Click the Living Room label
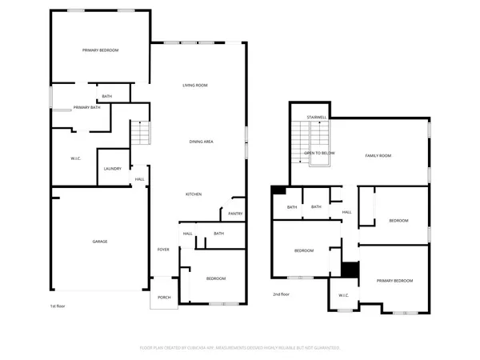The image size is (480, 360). [x=195, y=85]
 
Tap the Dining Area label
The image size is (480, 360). [x=201, y=142]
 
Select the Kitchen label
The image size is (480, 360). [x=194, y=194]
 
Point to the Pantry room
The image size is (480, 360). [x=234, y=213]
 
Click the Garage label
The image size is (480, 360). [x=100, y=241]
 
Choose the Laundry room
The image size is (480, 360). [x=111, y=169]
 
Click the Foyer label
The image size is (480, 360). [x=163, y=250]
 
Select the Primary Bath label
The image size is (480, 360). [x=86, y=107]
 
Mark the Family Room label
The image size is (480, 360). [x=378, y=155]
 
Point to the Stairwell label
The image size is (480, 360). [x=317, y=117]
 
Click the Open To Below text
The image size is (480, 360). [x=319, y=152]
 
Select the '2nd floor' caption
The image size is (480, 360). [x=280, y=294]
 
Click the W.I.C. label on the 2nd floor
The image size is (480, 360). [x=343, y=295]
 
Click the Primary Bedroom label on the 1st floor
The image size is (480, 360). [x=101, y=50]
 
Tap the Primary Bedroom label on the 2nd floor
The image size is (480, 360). [x=395, y=281]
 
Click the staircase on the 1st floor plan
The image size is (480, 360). [x=140, y=131]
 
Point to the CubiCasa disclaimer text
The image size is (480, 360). [x=240, y=348]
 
